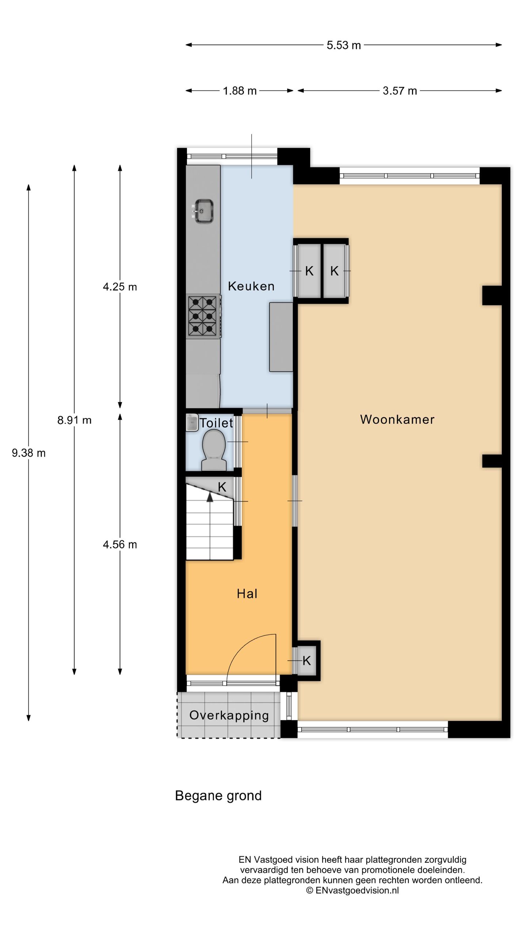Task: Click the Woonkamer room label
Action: [397, 419]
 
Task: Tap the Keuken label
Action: [251, 286]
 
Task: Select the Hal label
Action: [247, 594]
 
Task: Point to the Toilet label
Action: [216, 423]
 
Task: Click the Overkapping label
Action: [229, 715]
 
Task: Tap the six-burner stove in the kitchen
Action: [203, 316]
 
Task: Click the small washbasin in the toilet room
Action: [191, 423]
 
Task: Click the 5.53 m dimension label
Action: [344, 45]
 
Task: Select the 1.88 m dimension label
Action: [240, 91]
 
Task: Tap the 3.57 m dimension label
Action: [400, 91]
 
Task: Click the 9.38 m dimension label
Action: [29, 453]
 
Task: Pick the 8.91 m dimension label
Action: [74, 420]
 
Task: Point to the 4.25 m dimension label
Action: [120, 287]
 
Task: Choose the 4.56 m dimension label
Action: [120, 545]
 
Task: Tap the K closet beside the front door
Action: [307, 660]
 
